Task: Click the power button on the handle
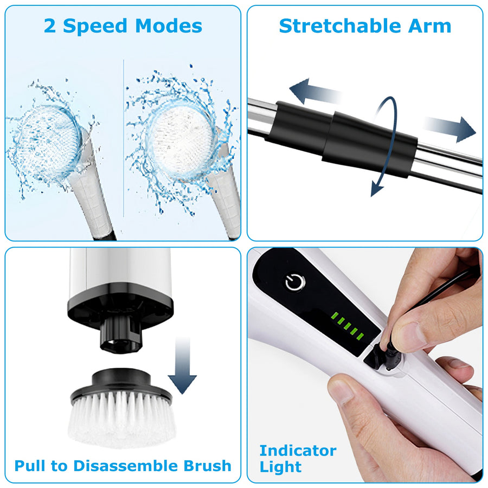pyautogui.click(x=296, y=282)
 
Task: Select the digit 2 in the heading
pyautogui.click(x=50, y=26)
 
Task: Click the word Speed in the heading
pyautogui.click(x=95, y=26)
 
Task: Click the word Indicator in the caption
pyautogui.click(x=298, y=451)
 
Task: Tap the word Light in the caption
pyautogui.click(x=280, y=467)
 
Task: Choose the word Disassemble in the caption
pyautogui.click(x=129, y=465)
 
